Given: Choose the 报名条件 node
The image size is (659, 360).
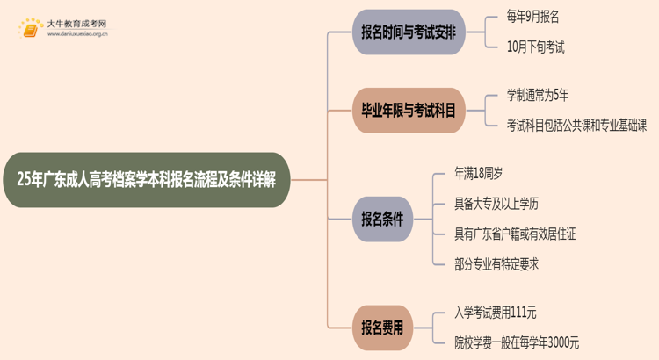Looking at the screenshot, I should pos(382,220).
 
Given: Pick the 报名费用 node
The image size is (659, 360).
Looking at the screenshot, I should pos(382,328).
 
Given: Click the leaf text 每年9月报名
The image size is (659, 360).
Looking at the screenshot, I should pos(533,17).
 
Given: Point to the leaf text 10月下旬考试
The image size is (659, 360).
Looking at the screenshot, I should pos(535,47).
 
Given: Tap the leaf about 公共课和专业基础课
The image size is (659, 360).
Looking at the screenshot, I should pos(576,125).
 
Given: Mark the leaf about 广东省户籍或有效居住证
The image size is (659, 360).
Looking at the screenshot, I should pos(514,234).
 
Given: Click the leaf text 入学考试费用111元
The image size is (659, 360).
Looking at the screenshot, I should pos(497,312).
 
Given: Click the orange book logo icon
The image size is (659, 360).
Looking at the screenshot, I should pos(29,29).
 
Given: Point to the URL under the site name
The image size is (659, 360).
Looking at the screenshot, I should pos(77,35).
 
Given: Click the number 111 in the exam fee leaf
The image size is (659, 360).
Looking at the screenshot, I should pos(523,312).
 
